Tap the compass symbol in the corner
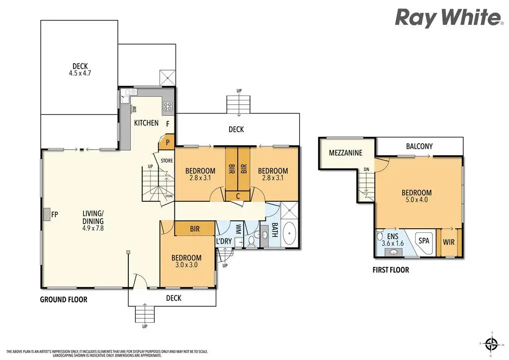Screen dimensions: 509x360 point(492,343)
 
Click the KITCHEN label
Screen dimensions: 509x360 point(147,123)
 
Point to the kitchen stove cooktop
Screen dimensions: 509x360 point(168,106)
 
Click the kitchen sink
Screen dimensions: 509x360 point(130,92)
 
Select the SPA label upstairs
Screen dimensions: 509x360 point(424,241)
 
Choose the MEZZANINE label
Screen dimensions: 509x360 point(345,153)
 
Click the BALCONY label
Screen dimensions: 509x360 point(419,146)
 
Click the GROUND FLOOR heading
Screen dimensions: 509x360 point(64,299)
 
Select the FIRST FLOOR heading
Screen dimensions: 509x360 point(391,270)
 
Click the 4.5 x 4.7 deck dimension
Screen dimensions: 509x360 point(80,73)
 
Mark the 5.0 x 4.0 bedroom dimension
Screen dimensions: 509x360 point(417,200)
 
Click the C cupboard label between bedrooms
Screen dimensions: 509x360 point(238,196)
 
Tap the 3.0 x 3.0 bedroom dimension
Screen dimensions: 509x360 point(186,265)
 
